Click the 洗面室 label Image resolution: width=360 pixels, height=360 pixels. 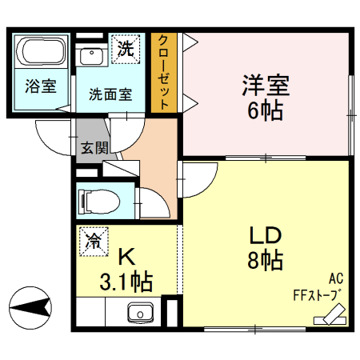110,92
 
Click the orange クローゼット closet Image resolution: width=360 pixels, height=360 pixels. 162,72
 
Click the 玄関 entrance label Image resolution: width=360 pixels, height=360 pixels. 92,148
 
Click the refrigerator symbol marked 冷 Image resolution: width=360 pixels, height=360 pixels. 94,241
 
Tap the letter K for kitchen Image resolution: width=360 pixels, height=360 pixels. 126,258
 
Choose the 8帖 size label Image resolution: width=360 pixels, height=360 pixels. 264,261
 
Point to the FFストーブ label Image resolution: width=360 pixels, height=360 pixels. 317,294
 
